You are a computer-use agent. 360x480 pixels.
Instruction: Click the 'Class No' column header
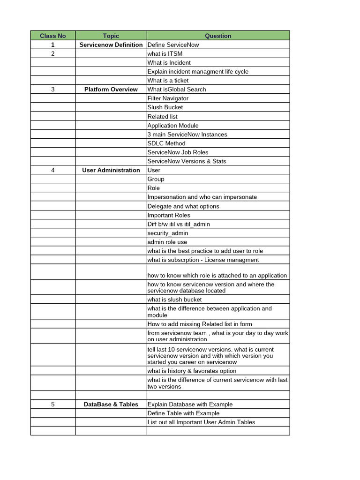click(53, 36)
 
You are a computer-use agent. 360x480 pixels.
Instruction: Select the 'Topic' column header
click(111, 36)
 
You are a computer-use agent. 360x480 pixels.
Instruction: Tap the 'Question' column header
click(218, 36)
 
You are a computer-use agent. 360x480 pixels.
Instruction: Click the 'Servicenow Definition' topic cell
click(111, 45)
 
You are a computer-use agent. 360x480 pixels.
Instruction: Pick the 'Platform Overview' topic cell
click(111, 89)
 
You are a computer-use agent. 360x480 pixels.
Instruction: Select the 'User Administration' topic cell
click(111, 170)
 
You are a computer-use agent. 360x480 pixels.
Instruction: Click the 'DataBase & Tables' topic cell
click(111, 404)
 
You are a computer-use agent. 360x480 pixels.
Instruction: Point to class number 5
click(53, 404)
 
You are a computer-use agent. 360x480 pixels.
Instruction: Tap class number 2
click(53, 53)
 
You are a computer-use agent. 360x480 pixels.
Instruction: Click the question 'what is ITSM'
click(165, 53)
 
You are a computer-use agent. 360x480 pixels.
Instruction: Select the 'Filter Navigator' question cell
click(168, 98)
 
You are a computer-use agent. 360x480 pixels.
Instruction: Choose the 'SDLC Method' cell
click(166, 143)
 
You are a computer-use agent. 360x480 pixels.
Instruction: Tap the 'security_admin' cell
click(168, 233)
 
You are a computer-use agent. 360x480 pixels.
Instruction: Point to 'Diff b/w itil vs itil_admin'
click(179, 224)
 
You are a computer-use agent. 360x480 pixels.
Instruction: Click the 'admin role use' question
click(167, 242)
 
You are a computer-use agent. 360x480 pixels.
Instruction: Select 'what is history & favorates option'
click(192, 370)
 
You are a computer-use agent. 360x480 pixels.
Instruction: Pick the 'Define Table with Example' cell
click(183, 413)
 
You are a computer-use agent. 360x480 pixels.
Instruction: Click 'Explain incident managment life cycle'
click(198, 71)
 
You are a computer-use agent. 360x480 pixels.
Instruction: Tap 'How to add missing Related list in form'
click(200, 324)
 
